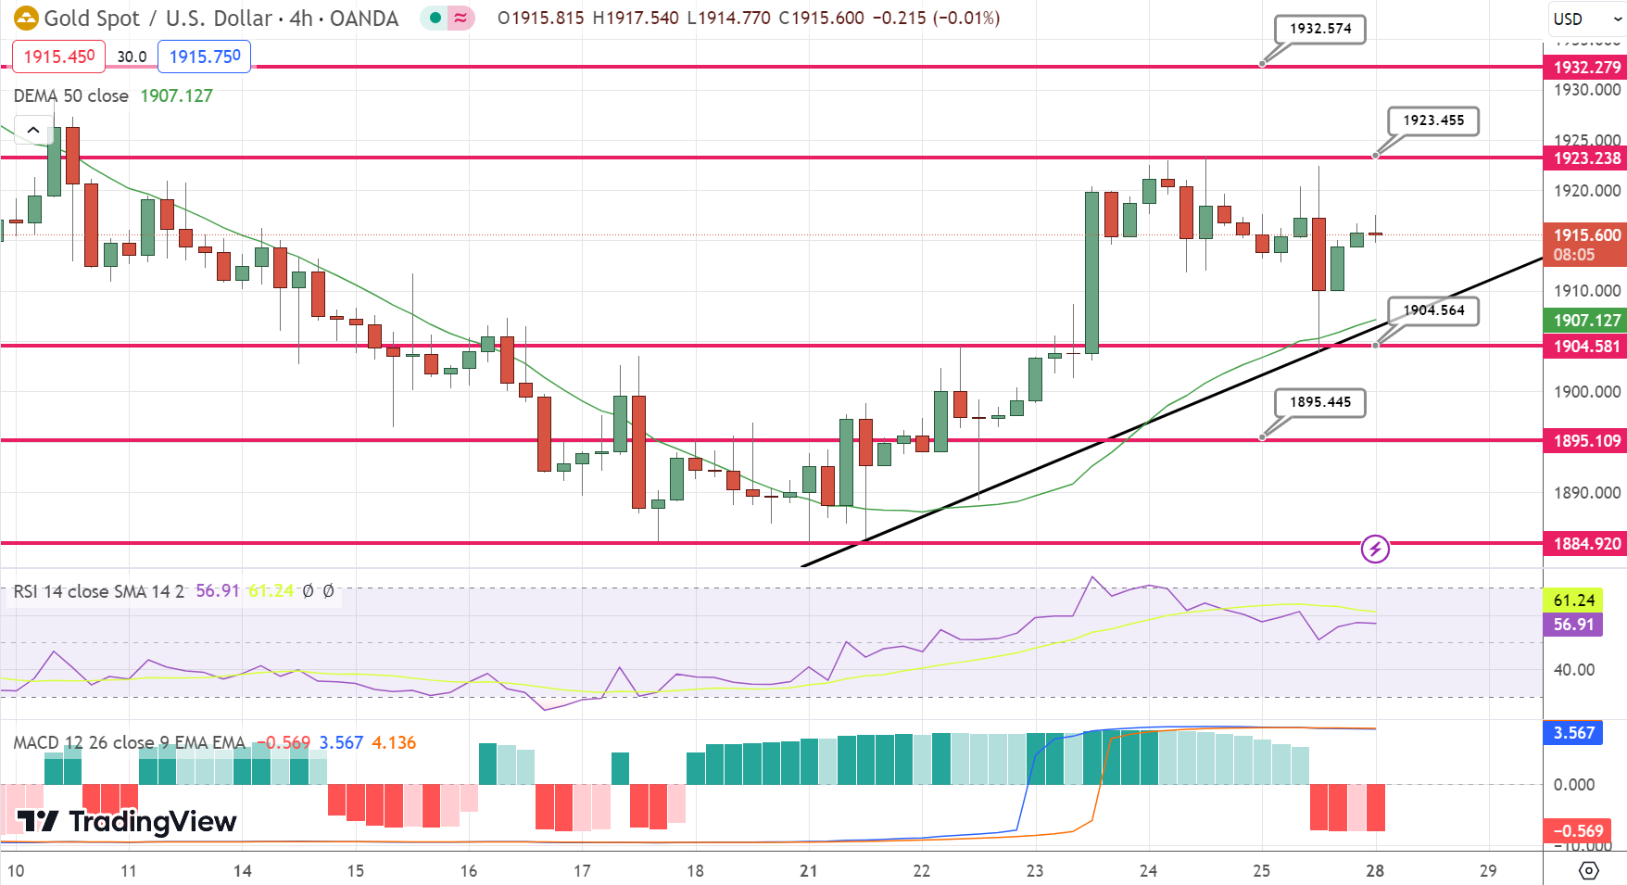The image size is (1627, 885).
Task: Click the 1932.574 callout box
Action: [x=1320, y=29]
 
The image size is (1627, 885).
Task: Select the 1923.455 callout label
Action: [x=1433, y=120]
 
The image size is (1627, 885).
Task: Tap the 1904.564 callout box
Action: [x=1433, y=310]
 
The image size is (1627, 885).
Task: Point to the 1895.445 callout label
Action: [x=1320, y=402]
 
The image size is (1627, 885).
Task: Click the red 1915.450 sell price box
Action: [x=58, y=57]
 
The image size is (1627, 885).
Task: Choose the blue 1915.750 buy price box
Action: [x=205, y=57]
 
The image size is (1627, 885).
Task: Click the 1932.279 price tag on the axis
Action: [x=1586, y=67]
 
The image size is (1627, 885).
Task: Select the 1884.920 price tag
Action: [x=1586, y=544]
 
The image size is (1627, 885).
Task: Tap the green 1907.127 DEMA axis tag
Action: [x=1586, y=321]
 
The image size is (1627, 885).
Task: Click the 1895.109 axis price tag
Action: [x=1586, y=441]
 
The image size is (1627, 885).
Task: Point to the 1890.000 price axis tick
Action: [x=1586, y=493]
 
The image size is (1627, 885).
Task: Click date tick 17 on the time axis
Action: [x=582, y=871]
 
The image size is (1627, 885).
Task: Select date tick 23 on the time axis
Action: [x=1035, y=871]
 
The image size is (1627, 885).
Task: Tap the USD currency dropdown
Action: [x=1586, y=19]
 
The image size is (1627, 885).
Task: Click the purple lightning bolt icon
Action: [x=1375, y=549]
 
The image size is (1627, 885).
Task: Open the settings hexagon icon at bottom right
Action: [x=1589, y=871]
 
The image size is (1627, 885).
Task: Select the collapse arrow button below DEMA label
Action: [x=33, y=131]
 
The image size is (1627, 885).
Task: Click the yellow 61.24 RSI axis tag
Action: [x=1573, y=601]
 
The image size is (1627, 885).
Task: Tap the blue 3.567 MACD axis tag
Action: [x=1573, y=733]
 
